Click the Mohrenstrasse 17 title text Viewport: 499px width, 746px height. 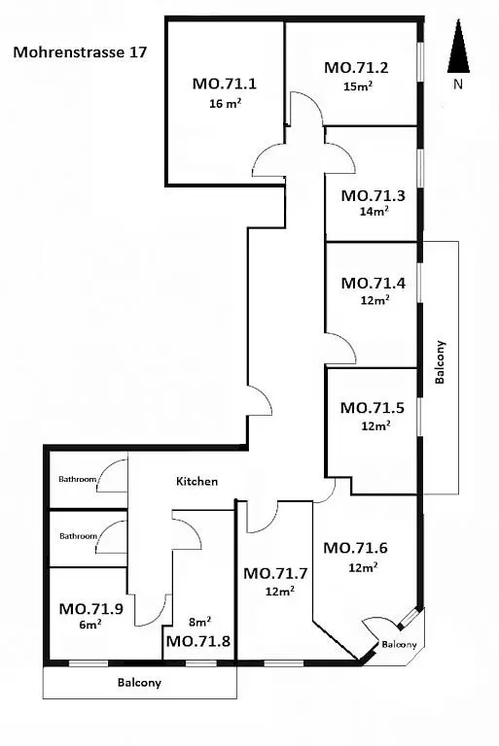(80, 51)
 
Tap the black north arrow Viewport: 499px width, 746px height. (458, 47)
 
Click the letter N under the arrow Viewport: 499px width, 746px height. (458, 85)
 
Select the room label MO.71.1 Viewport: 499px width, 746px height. (225, 84)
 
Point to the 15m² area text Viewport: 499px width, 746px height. (358, 86)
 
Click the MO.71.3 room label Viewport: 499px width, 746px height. (374, 195)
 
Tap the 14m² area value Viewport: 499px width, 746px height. (374, 211)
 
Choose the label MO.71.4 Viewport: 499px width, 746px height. (374, 283)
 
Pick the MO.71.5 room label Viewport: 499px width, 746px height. (373, 408)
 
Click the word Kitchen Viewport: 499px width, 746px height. (197, 481)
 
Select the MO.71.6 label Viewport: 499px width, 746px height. (356, 548)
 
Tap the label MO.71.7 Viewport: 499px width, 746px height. (275, 573)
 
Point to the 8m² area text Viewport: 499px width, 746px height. (200, 622)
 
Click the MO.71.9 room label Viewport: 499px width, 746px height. (91, 608)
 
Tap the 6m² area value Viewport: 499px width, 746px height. (90, 625)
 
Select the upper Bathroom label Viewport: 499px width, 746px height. (78, 479)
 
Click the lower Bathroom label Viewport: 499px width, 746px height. (79, 536)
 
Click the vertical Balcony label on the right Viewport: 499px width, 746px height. (441, 362)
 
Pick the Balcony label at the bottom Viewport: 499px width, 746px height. (140, 683)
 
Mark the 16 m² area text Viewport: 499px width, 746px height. (225, 103)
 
